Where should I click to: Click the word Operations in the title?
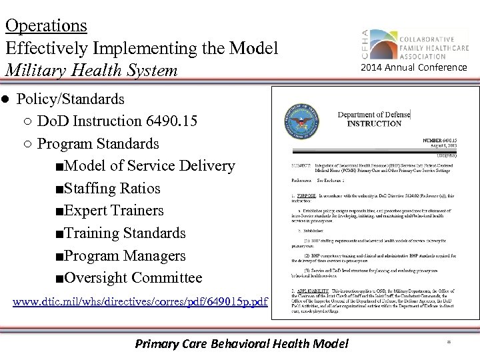coord(45,25)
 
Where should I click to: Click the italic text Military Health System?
coord(91,70)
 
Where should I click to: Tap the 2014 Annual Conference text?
coord(414,67)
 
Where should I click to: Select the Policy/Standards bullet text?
coord(70,99)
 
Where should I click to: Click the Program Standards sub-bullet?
coord(98,144)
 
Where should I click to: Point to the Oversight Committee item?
coord(133,278)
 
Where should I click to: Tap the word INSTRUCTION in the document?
coord(374,124)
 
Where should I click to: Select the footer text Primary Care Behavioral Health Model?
coord(241,344)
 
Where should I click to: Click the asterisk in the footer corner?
coord(449,344)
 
